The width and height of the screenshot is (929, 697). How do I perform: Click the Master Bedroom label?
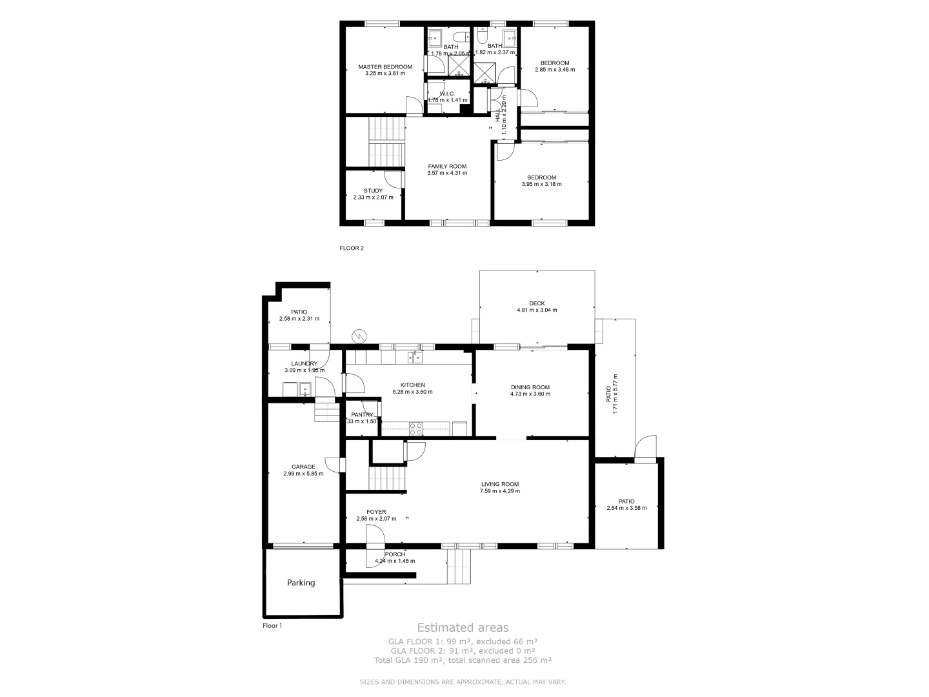pos(385,67)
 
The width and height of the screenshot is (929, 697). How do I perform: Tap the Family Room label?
pos(447,167)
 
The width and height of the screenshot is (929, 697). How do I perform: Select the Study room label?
pos(373,191)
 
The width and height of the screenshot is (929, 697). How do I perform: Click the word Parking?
pos(301,583)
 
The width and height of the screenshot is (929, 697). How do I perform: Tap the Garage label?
pos(303,467)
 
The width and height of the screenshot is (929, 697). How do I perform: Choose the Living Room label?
pos(500,484)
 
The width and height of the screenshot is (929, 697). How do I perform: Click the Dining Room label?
pos(530,387)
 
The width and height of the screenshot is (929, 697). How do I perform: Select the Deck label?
pos(537,303)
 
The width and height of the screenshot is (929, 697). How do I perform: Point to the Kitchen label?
pos(412,385)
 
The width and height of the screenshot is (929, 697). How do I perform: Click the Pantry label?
pos(362,415)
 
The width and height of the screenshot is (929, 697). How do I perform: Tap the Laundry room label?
pos(305,364)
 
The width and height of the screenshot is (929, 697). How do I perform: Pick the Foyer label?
pos(376,512)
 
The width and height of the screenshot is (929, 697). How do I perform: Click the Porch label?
pos(395,554)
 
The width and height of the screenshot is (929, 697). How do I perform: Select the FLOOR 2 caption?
pos(352,248)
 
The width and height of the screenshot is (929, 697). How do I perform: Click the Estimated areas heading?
pos(463,627)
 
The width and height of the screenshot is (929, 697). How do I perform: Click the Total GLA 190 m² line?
pos(463,660)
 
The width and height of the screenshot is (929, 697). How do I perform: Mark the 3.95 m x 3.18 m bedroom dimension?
pos(541,184)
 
